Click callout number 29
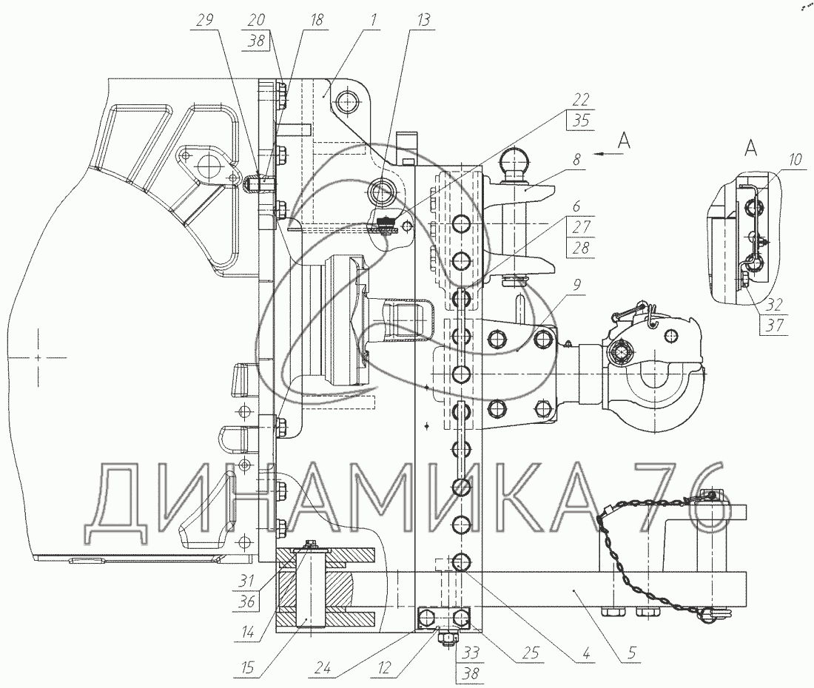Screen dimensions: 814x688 click(x=205, y=21)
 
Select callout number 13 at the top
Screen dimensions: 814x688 click(x=423, y=21)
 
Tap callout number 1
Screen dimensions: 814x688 click(x=376, y=21)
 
